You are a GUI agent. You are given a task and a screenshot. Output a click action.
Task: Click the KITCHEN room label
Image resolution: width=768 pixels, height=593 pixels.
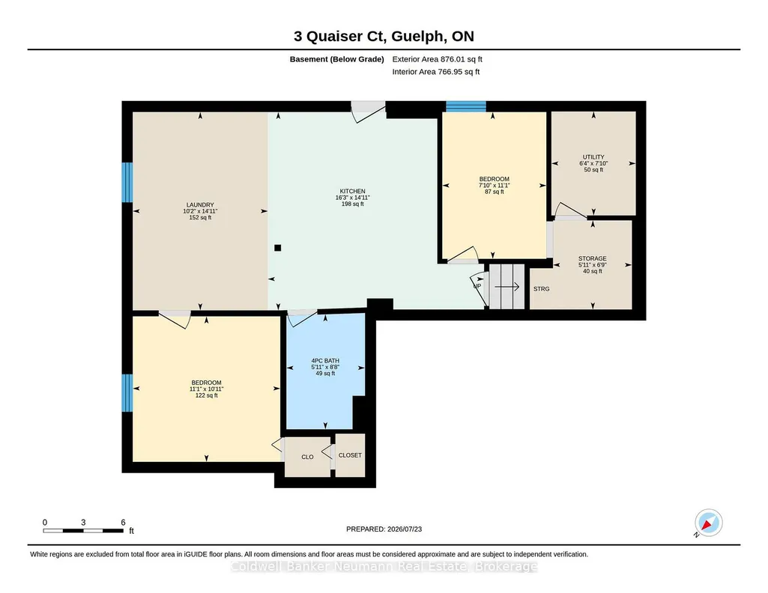353,192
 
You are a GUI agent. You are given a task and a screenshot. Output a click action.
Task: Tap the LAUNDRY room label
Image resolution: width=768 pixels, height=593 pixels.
200,205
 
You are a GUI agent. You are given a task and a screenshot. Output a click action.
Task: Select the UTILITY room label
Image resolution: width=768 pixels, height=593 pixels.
593,157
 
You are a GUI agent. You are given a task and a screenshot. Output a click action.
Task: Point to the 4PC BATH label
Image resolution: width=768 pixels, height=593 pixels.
325,361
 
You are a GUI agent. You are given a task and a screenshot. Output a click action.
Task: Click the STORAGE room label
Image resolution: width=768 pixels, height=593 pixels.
593,258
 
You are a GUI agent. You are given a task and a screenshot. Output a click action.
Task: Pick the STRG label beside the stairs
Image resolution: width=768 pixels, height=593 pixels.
541,289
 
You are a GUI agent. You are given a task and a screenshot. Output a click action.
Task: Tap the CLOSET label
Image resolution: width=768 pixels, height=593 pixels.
350,455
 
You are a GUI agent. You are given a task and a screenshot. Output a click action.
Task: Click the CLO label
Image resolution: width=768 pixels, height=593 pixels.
308,457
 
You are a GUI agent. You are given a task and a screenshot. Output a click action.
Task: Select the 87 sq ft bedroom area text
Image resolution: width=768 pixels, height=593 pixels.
495,192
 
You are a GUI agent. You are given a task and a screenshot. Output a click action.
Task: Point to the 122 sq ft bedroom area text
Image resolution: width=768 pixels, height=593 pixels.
207,395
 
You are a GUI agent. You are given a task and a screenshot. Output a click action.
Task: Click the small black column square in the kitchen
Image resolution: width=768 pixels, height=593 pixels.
278,248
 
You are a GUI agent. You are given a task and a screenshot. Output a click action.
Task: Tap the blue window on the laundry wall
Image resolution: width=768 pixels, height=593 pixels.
127,182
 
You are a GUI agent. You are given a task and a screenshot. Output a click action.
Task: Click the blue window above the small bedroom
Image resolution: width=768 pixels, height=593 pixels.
466,106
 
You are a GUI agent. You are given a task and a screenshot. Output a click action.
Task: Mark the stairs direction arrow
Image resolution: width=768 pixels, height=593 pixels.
507,287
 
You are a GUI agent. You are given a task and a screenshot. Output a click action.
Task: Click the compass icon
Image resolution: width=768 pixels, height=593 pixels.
708,523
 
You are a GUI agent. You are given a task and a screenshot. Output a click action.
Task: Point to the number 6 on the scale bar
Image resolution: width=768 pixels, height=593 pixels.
124,522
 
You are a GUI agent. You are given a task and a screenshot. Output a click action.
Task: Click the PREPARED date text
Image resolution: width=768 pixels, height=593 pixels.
384,529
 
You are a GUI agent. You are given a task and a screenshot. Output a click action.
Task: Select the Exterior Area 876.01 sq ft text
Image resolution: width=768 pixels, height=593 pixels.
438,59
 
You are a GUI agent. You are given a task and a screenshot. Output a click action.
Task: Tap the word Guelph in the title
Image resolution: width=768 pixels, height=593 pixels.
419,36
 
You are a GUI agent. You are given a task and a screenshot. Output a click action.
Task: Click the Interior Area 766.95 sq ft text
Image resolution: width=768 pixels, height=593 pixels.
436,71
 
